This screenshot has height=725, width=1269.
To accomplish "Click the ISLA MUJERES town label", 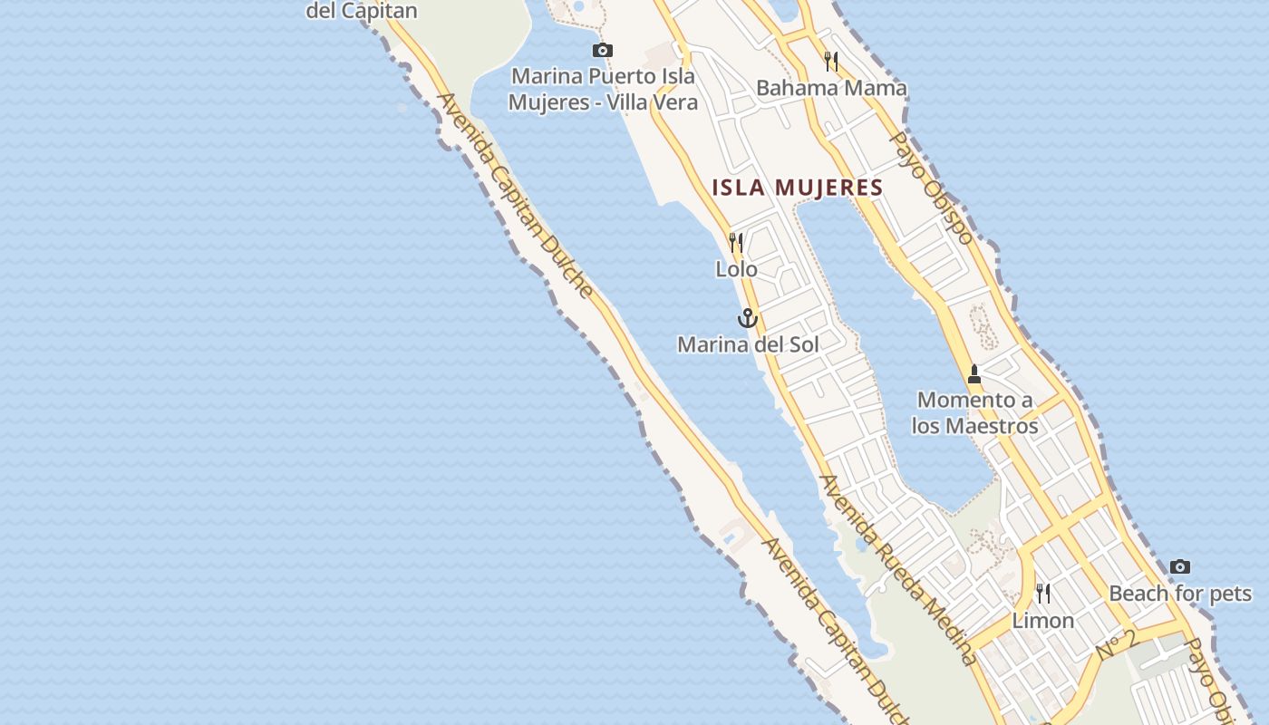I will tap(797, 188).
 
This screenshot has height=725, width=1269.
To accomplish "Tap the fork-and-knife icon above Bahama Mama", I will tap(830, 61).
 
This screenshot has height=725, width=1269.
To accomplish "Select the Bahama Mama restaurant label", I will tap(831, 88).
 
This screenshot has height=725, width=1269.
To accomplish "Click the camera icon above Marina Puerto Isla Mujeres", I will tap(602, 50).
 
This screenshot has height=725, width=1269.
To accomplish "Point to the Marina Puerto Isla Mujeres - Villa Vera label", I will tap(603, 89).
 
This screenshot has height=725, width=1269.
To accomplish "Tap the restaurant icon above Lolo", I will tap(736, 242).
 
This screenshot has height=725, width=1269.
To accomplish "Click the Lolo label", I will tap(736, 269).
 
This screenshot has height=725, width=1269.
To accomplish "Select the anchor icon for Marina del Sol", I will tap(747, 318).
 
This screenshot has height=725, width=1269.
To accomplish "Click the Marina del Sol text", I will tap(748, 344).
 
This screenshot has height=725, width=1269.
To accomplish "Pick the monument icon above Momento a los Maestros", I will tap(974, 373).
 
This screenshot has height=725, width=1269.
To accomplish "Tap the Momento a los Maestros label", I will tap(974, 412).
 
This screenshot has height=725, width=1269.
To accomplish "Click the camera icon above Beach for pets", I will tap(1179, 566).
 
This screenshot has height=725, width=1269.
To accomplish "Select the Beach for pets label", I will tap(1180, 594).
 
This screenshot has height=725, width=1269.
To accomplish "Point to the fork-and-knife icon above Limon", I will tap(1043, 594).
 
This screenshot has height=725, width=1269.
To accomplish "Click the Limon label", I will tap(1043, 621).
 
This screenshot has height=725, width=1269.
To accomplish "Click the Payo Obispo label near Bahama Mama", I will tap(931, 188).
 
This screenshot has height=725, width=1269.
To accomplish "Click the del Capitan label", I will tap(362, 11).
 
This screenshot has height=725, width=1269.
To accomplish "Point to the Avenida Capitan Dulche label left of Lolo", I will tap(516, 196).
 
